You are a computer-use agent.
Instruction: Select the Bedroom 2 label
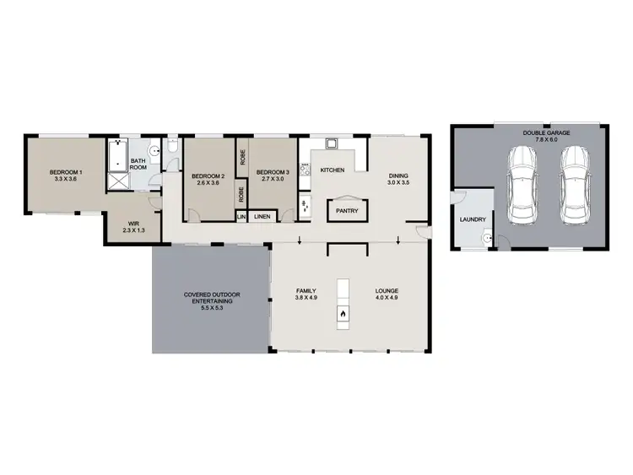click(x=208, y=178)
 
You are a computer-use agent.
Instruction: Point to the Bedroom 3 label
click(x=273, y=175)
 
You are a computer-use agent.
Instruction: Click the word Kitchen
click(x=332, y=170)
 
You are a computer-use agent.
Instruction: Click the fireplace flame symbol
click(x=344, y=316)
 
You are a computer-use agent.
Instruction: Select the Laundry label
click(x=473, y=221)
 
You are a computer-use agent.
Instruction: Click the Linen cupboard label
click(x=262, y=217)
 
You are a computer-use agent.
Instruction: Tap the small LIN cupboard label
click(x=241, y=217)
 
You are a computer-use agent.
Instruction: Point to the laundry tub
click(x=485, y=239)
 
